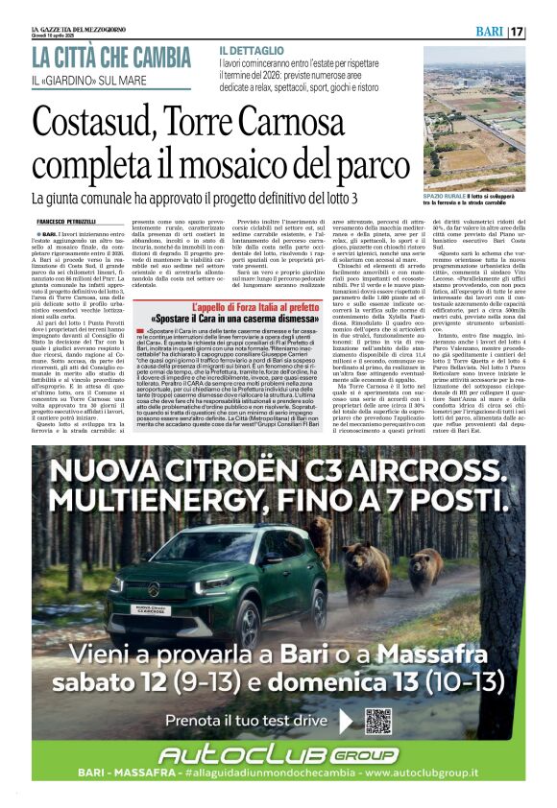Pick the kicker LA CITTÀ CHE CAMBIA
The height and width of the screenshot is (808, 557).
tap(111, 56)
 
